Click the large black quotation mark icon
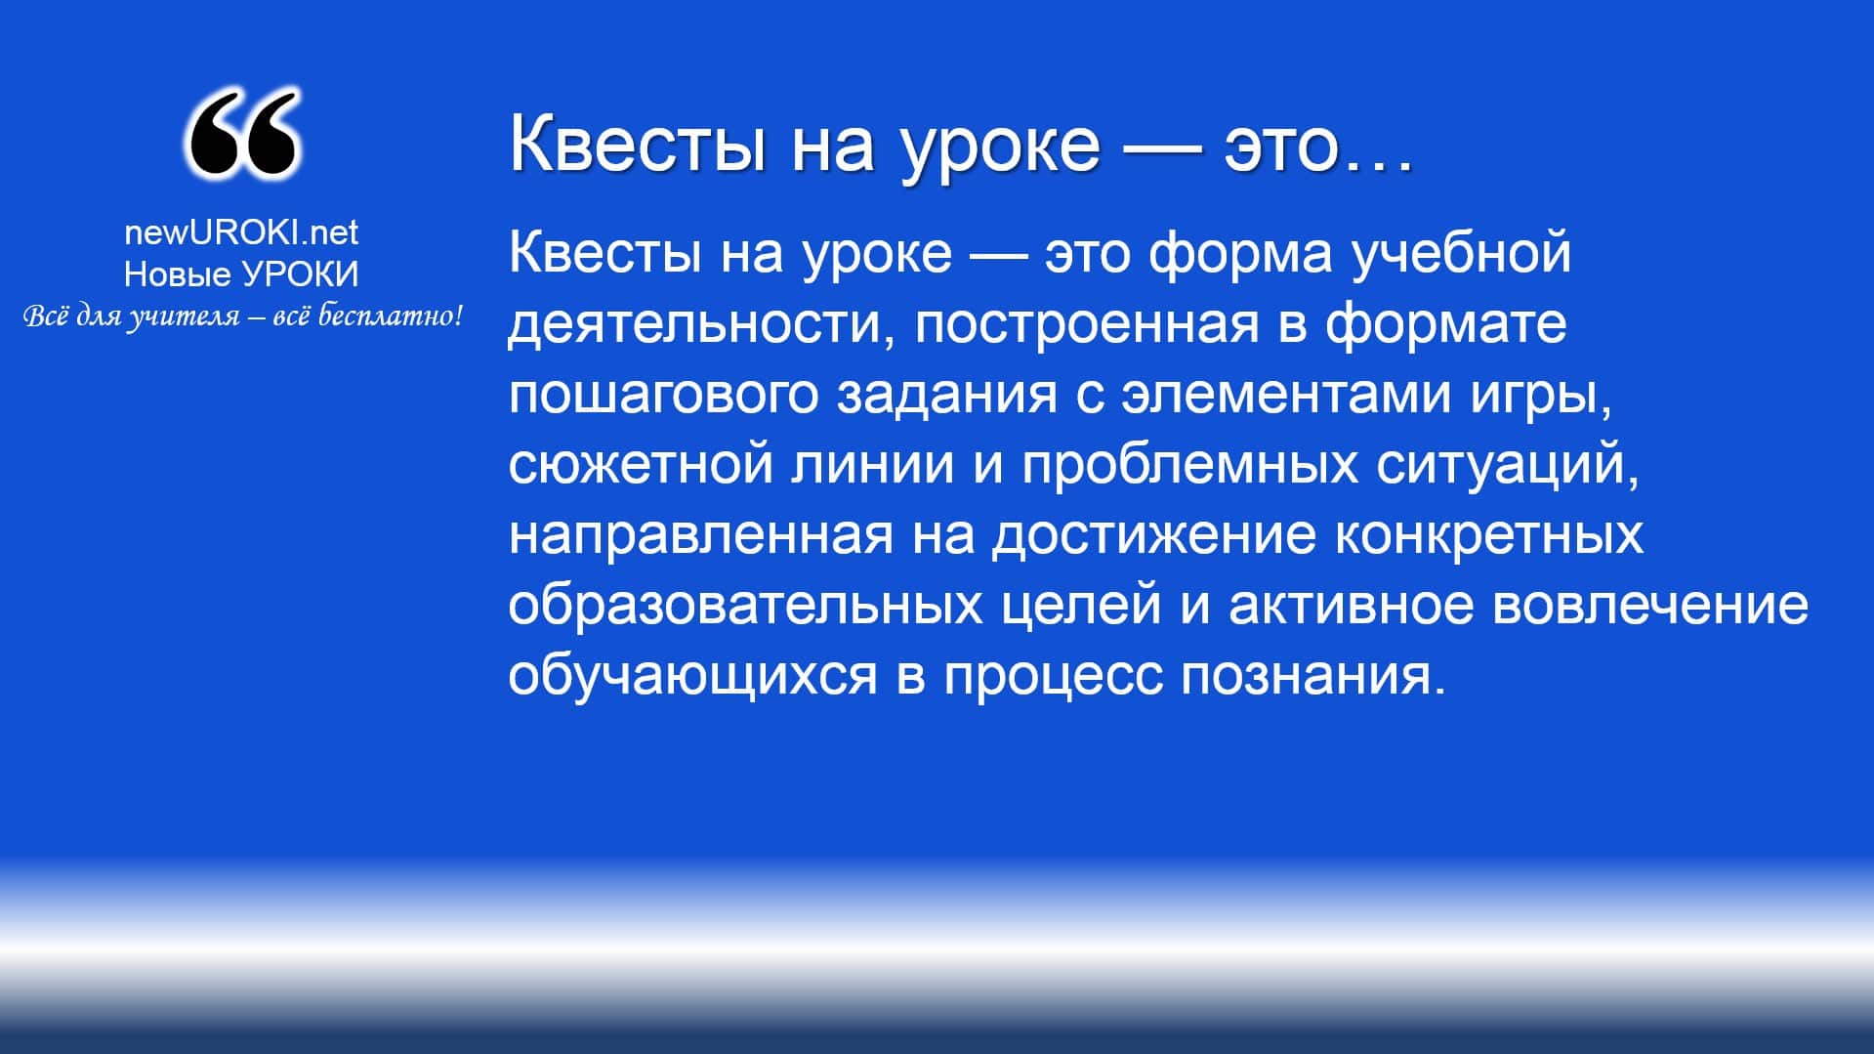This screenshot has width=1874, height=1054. (x=242, y=134)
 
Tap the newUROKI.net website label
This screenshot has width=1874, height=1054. (x=241, y=232)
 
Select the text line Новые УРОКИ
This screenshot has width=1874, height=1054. (x=241, y=274)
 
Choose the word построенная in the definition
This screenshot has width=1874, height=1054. (x=1087, y=323)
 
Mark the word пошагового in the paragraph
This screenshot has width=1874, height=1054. (x=663, y=394)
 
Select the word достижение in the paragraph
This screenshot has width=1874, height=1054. (x=1153, y=534)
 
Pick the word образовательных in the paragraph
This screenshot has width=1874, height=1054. (x=745, y=603)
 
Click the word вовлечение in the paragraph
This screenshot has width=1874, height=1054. (x=1652, y=605)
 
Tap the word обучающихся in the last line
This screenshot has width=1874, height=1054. (x=693, y=675)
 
